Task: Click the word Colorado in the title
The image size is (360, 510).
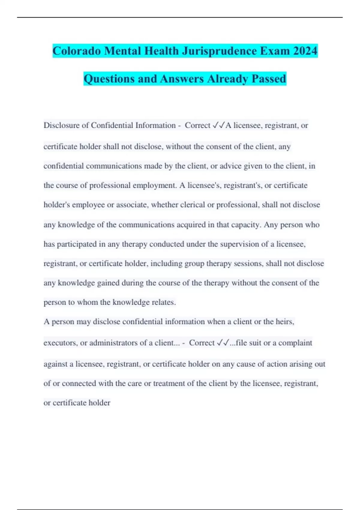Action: (76, 51)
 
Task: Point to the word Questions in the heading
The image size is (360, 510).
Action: (109, 79)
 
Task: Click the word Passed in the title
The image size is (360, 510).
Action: (269, 79)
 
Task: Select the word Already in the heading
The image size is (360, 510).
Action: (228, 79)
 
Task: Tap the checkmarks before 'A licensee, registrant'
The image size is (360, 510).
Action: (218, 125)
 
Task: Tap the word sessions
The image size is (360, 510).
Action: (249, 263)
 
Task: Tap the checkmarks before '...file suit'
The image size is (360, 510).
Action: (223, 343)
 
